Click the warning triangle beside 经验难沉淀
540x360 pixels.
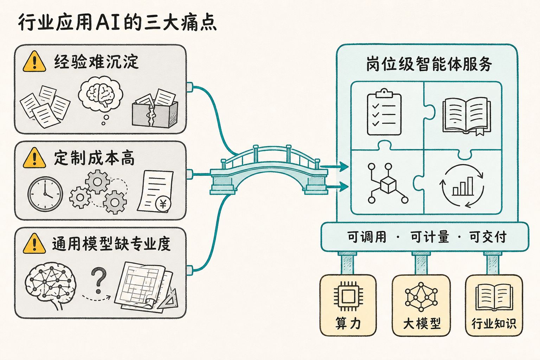(x=34, y=62)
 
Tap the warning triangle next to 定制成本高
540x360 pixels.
(x=34, y=158)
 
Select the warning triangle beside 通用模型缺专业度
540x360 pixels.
(x=34, y=243)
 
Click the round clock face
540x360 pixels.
(x=45, y=194)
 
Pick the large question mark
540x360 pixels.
(x=99, y=281)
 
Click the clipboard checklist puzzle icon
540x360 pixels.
(x=384, y=112)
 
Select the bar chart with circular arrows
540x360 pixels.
(x=462, y=186)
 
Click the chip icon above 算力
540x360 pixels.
(x=348, y=296)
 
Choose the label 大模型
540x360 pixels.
(x=422, y=323)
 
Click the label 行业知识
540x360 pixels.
(x=494, y=323)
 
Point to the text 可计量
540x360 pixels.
(x=430, y=237)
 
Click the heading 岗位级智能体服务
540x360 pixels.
(x=429, y=64)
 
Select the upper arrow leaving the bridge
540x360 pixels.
(x=334, y=166)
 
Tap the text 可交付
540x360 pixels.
(x=488, y=237)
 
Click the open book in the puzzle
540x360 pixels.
(x=467, y=115)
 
